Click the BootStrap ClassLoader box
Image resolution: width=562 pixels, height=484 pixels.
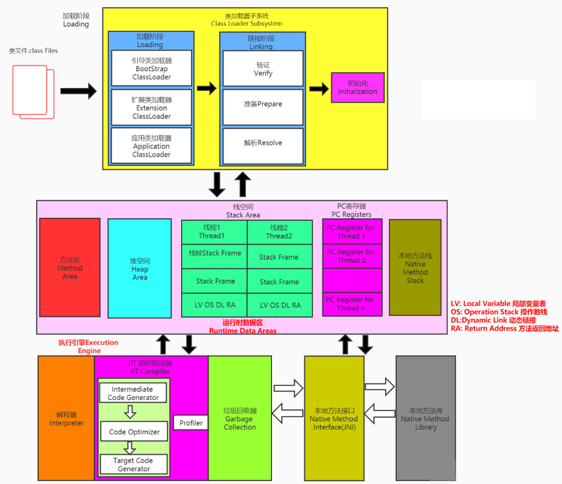151,68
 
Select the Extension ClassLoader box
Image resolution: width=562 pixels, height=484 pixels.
151,108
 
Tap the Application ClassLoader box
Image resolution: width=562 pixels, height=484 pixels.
151,146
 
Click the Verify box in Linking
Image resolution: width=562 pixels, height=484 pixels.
263,69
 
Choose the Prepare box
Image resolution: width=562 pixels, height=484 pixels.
263,104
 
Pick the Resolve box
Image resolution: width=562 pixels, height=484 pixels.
263,143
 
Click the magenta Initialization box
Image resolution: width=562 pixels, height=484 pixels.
358,88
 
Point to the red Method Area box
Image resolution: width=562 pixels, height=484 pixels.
70,268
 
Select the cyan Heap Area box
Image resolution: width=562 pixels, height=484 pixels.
140,269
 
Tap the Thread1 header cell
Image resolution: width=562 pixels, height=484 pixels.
214,232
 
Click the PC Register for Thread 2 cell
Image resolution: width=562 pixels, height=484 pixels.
352,256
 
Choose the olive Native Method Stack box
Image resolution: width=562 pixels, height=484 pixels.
415,267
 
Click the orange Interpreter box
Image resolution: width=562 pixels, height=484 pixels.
66,418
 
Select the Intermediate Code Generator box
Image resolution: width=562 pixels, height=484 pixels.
133,393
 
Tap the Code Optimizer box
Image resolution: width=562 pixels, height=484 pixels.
134,432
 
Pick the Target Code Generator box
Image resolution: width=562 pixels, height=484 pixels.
134,464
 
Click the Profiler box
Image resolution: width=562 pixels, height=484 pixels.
191,423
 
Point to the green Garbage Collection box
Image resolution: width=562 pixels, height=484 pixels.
239,418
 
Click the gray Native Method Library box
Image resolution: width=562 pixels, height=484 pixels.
425,418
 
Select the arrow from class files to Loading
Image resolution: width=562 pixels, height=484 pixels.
78,91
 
